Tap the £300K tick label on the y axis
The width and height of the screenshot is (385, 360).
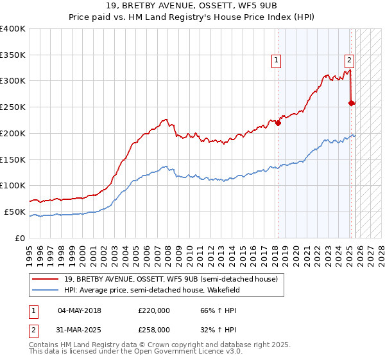tap(13, 81)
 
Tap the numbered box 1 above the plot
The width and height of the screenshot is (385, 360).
tap(276, 61)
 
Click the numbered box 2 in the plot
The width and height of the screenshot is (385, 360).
tap(349, 61)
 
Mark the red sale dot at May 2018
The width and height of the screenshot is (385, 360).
tap(278, 123)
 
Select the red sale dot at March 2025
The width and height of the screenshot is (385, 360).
tap(351, 103)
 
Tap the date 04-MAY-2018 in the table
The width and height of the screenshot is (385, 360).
tap(79, 310)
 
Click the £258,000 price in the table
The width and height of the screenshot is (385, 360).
tap(154, 329)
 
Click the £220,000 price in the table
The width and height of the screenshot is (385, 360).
tap(154, 310)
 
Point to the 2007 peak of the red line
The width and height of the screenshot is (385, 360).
tap(166, 119)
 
